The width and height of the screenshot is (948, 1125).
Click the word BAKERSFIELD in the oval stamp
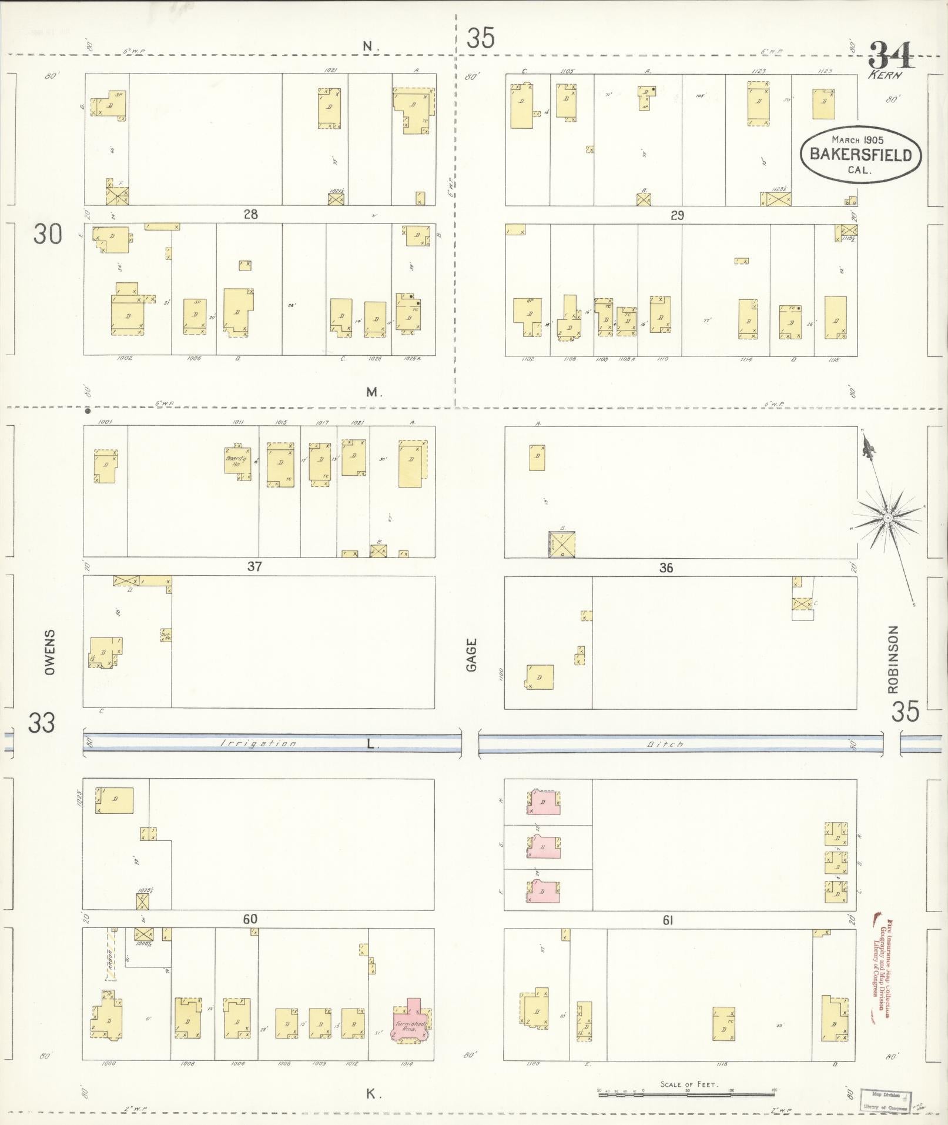click(861, 155)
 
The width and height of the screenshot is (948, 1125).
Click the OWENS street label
click(49, 652)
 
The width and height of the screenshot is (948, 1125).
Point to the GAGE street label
click(471, 655)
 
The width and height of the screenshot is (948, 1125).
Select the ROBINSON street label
click(893, 659)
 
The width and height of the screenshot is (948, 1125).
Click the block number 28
click(251, 215)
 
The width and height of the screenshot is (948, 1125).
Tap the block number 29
click(677, 215)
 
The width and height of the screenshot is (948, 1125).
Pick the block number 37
click(254, 567)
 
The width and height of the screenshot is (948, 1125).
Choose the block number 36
click(666, 568)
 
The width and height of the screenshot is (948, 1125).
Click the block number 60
click(249, 919)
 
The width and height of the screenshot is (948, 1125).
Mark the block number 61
click(668, 920)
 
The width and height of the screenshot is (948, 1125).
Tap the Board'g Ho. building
click(237, 461)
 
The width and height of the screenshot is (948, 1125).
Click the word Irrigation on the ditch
click(259, 744)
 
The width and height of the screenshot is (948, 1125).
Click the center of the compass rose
click(887, 518)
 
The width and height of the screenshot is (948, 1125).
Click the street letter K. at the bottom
click(371, 1094)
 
